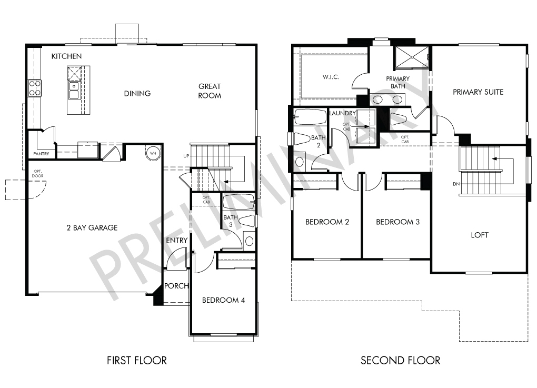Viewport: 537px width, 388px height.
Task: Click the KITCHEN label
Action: [x=66, y=56]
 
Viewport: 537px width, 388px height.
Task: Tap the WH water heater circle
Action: [x=153, y=153]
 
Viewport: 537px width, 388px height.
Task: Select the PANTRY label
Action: [x=41, y=154]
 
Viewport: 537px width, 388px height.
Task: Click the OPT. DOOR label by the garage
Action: [x=38, y=174]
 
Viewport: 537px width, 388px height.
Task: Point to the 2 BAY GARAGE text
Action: [x=92, y=228]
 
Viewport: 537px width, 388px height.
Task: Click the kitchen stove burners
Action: [x=35, y=88]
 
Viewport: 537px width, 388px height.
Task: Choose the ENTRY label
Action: [x=177, y=241]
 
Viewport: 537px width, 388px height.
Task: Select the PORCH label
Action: [x=176, y=286]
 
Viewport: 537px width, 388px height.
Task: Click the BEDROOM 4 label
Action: [x=223, y=300]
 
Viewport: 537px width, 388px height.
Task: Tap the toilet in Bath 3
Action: [x=246, y=221]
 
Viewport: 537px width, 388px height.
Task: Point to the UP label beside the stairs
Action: [x=186, y=156]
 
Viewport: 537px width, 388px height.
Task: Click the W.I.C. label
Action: [x=331, y=77]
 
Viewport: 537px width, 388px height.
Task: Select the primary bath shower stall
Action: [x=412, y=57]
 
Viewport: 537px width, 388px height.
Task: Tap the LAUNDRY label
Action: [x=343, y=113]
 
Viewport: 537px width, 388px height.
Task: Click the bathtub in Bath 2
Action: [x=310, y=117]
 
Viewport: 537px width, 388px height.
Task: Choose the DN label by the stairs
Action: [x=456, y=184]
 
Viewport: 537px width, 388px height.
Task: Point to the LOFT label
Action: [x=480, y=235]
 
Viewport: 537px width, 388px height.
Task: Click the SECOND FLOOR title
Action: [x=400, y=360]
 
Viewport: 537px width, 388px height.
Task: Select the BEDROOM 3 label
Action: [x=397, y=222]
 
